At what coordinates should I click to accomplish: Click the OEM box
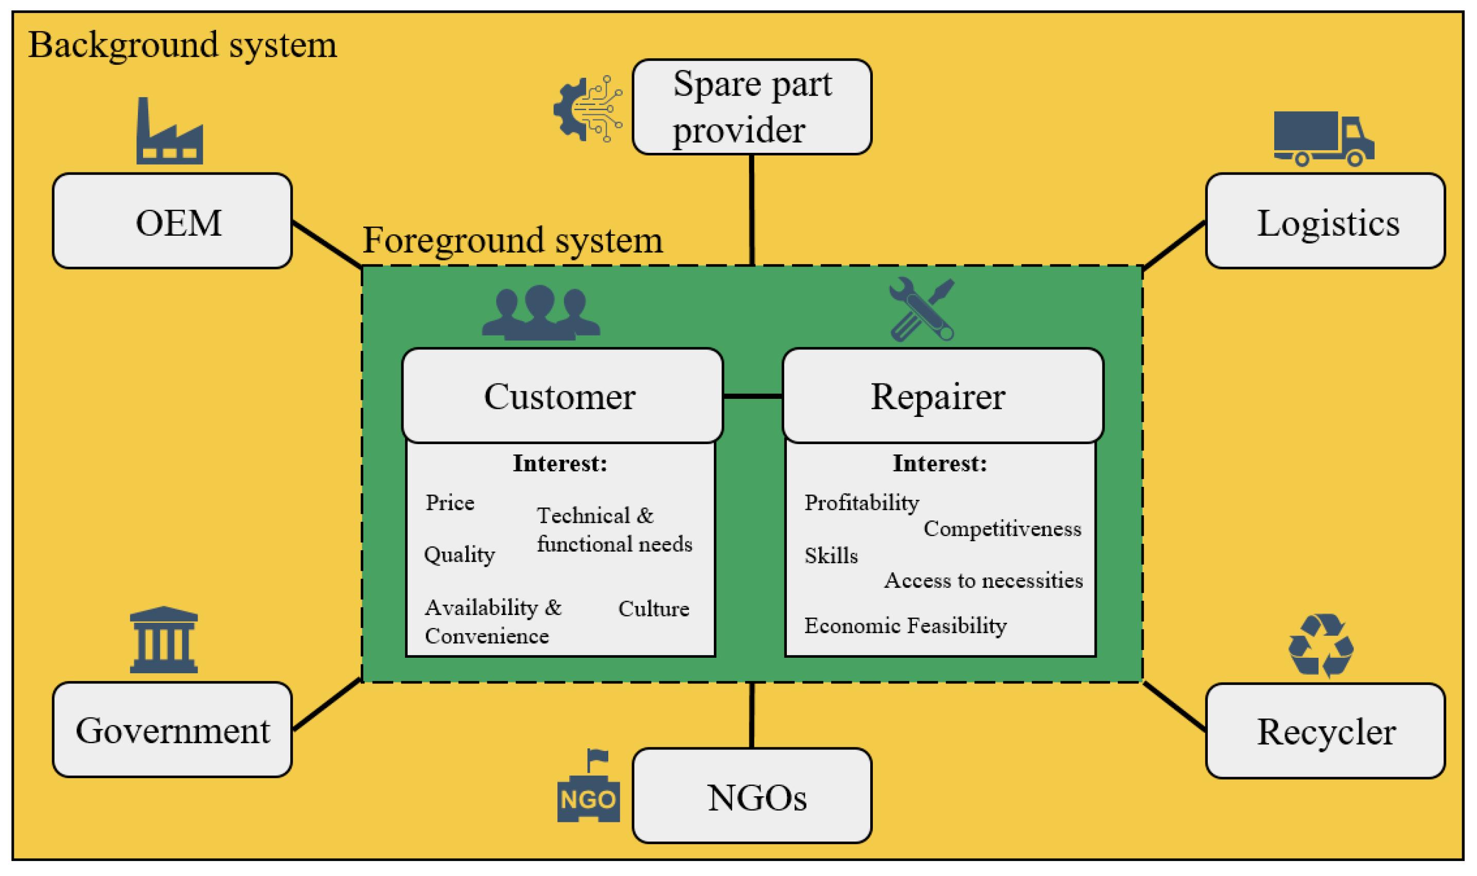pos(172,221)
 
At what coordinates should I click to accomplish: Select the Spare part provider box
pos(752,108)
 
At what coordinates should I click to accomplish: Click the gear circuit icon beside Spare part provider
pos(588,109)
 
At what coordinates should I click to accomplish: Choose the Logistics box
pos(1325,221)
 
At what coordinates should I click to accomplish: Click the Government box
pos(172,730)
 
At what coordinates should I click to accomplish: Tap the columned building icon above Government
pos(164,640)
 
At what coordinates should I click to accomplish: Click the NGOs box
pos(752,796)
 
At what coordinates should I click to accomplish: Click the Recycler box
pos(1325,731)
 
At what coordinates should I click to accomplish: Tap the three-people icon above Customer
pos(540,313)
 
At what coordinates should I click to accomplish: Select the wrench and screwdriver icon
pos(921,310)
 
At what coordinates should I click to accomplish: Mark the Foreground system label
pos(512,240)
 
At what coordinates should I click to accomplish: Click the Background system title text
pos(182,45)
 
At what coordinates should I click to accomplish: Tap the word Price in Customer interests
pos(450,503)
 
